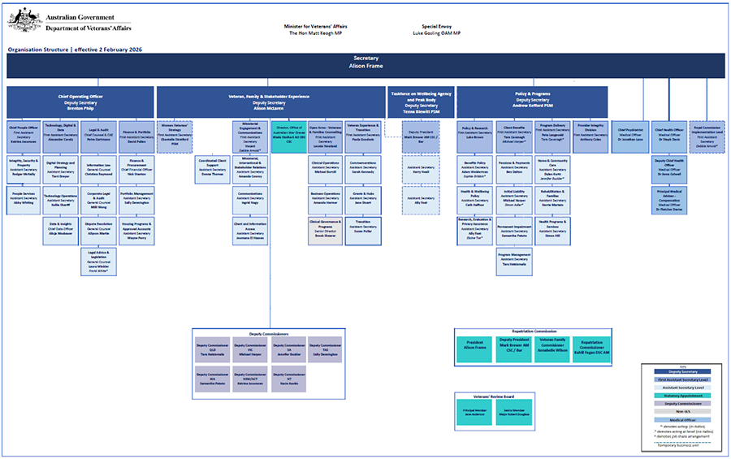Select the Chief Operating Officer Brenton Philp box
pos(80,102)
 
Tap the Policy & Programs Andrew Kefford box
pos(532,102)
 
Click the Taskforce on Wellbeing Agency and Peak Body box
pos(421,102)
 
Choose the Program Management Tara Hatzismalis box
pos(515,258)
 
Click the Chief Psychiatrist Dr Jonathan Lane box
pos(630,134)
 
